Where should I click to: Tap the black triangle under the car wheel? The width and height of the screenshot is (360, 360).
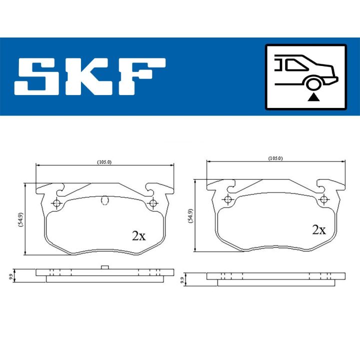313,97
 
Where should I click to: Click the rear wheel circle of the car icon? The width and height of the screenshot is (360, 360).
313,84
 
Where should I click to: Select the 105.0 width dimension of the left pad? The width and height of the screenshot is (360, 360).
104,162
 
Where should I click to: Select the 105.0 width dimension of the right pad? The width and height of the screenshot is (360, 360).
275,158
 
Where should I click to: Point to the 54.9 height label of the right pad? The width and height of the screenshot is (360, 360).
190,215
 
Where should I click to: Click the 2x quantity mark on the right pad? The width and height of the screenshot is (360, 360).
318,229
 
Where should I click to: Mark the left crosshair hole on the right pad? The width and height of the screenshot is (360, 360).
228,200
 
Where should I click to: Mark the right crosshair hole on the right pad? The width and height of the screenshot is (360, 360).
324,200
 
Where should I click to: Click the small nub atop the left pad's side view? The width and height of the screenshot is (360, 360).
104,267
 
